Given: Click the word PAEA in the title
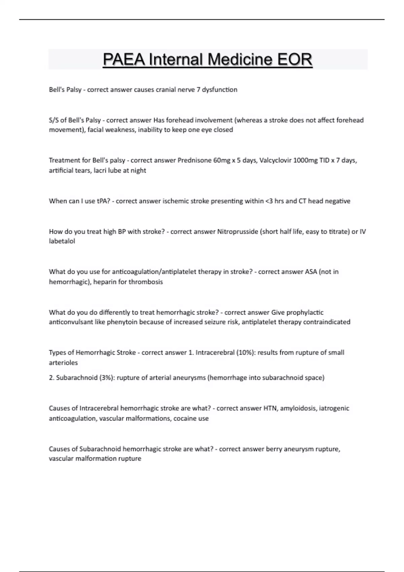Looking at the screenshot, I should click(x=125, y=60).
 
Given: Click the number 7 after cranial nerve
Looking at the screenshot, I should click(x=199, y=90).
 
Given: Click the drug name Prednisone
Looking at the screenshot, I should click(x=195, y=160).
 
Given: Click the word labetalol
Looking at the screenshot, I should click(x=62, y=241).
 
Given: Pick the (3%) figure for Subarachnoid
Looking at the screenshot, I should click(x=107, y=378).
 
